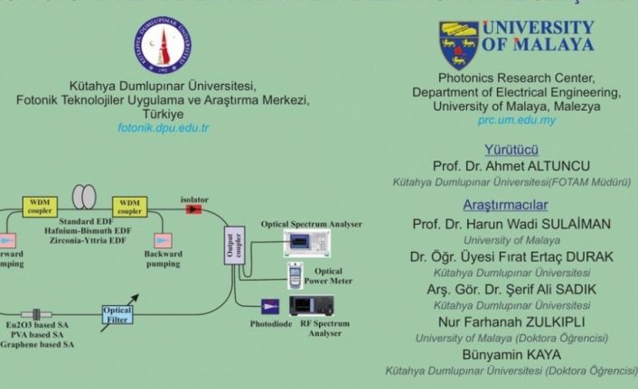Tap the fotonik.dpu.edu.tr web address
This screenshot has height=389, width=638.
click(x=164, y=128)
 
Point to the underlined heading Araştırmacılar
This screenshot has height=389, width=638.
click(x=512, y=204)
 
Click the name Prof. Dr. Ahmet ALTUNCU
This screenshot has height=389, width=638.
click(x=512, y=165)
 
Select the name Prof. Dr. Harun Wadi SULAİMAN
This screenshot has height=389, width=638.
click(x=512, y=224)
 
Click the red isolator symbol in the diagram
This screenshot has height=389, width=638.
click(x=193, y=208)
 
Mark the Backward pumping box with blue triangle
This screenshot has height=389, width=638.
click(x=163, y=240)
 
